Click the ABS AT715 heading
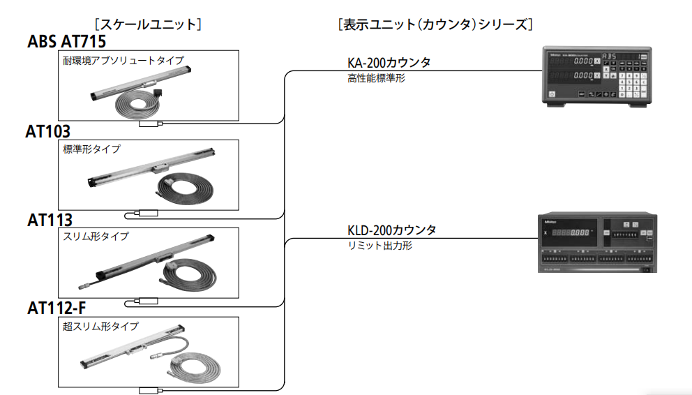tap(67, 41)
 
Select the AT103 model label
tap(48, 132)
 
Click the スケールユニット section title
tap(148, 24)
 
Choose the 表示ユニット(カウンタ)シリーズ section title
tap(435, 24)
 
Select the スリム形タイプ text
tap(96, 237)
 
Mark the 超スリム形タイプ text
tap(100, 326)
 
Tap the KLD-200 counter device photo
tap(597, 241)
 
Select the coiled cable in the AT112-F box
tap(191, 366)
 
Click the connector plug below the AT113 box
tap(149, 301)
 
